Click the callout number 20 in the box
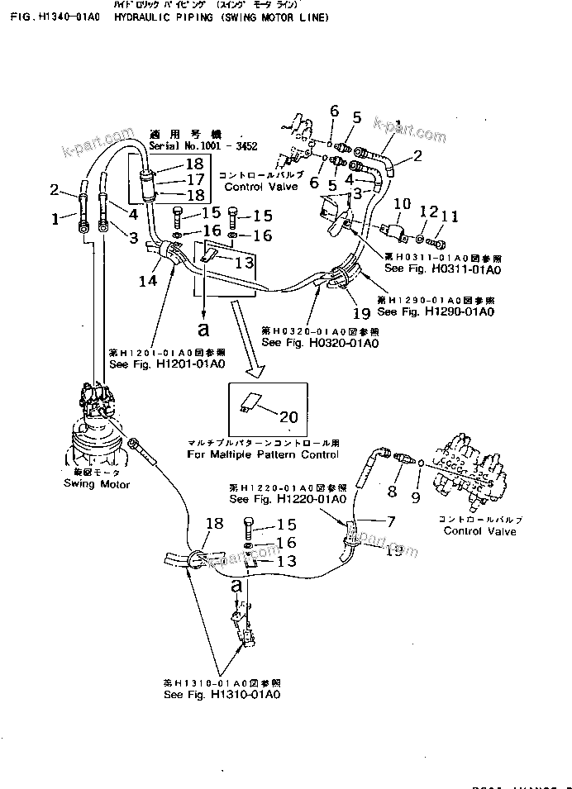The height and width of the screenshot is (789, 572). pos(289,417)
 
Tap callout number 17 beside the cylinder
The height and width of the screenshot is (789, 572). pos(194,178)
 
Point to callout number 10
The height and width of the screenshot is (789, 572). pos(401,203)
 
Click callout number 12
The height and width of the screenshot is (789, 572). pos(426,212)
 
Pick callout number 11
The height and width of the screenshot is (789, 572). pos(448,216)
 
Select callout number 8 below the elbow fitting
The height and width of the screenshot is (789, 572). pos(393,495)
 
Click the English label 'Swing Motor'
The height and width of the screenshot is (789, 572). pos(97,484)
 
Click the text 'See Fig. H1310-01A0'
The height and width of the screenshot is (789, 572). pos(222,695)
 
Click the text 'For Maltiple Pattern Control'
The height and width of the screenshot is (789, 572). pos(263,454)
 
